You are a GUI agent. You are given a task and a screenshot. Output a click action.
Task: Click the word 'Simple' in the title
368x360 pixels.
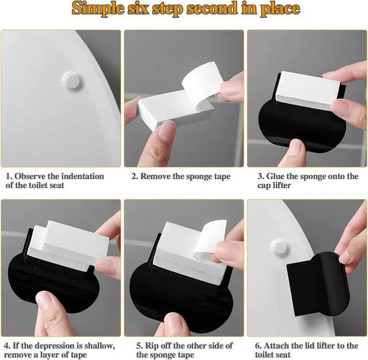pyautogui.click(x=98, y=9)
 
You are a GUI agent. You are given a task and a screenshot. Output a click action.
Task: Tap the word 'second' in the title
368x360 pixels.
pyautogui.click(x=212, y=8)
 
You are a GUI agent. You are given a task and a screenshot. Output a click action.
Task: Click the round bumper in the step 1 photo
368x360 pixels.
pyautogui.click(x=72, y=80)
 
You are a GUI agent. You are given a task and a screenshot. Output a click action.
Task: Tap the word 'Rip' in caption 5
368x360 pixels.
pyautogui.click(x=151, y=346)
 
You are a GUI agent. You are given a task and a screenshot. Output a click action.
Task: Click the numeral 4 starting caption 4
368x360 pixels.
pyautogui.click(x=7, y=346)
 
